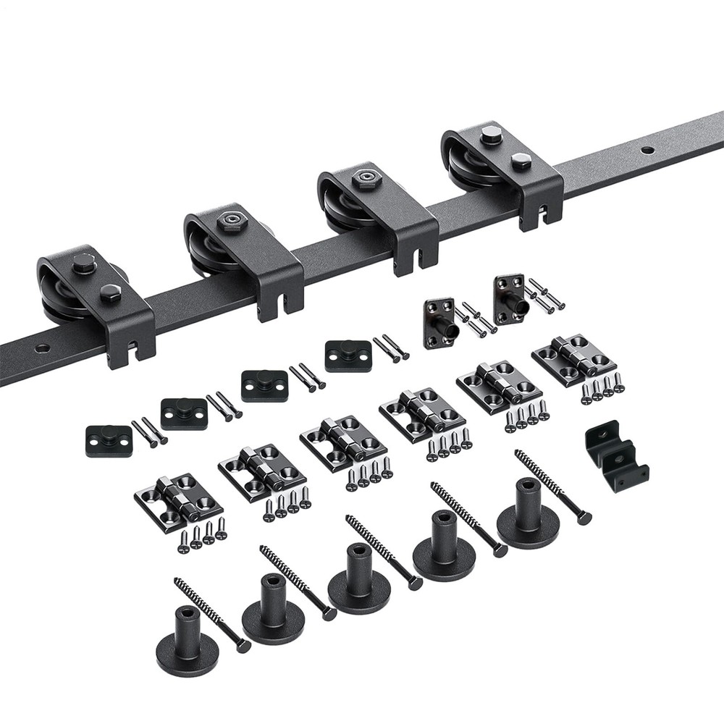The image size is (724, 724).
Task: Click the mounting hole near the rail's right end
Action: coord(647,151)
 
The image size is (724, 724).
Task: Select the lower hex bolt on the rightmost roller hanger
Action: coord(521,161)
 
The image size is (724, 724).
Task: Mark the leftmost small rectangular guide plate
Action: coord(109,440)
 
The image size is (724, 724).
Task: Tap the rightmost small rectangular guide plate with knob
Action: coord(348,355)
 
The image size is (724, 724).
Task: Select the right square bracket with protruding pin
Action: coord(510,296)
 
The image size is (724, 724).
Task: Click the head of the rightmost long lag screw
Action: coord(584,518)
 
